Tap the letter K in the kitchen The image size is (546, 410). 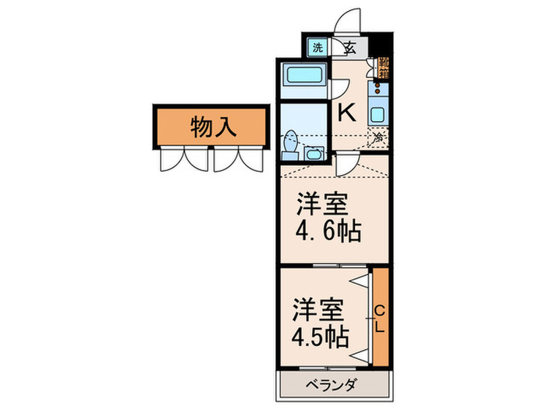(x=346, y=112)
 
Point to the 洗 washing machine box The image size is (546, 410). (x=317, y=48)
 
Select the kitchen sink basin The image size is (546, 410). (x=378, y=112)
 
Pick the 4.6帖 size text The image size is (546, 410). (x=328, y=232)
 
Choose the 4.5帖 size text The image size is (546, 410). (x=321, y=338)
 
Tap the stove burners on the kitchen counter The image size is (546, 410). (x=378, y=87)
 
